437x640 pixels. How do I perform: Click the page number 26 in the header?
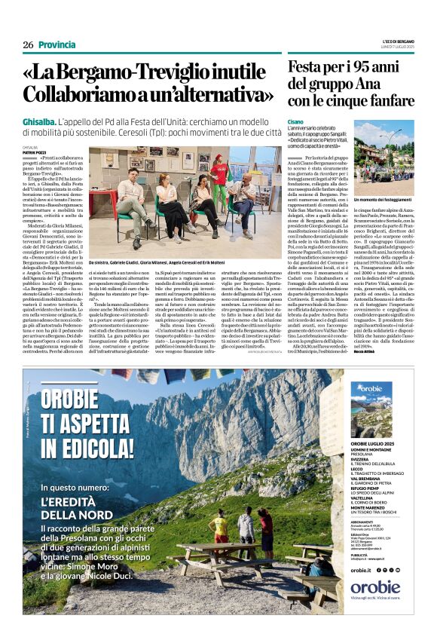28,45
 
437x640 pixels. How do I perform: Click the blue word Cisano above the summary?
295,121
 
